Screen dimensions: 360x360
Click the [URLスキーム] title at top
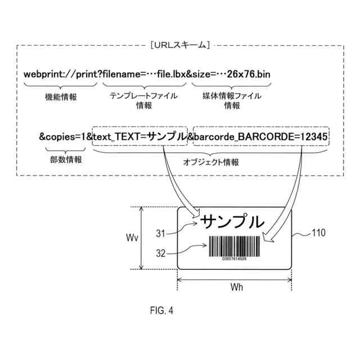[180, 44]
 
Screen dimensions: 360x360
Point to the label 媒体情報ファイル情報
[231, 101]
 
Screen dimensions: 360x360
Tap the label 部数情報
[66, 159]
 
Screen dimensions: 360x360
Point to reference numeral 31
[161, 232]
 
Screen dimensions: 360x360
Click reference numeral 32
[161, 253]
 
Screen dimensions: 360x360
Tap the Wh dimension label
[237, 287]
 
